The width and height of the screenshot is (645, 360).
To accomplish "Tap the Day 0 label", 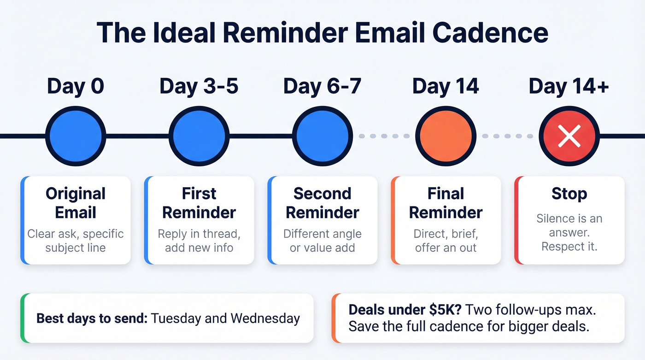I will [76, 87].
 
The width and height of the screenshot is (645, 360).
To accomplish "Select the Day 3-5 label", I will [199, 87].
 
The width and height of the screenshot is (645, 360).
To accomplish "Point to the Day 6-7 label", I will [322, 87].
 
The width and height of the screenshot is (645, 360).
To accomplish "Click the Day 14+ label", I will [569, 87].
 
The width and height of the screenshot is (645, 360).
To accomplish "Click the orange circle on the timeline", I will [445, 136].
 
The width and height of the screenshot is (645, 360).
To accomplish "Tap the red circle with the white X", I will [569, 136].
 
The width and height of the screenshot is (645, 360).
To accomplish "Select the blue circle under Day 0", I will [76, 136].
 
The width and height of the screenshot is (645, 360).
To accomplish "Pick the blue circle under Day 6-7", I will [322, 136].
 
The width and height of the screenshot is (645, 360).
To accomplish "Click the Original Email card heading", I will [76, 203].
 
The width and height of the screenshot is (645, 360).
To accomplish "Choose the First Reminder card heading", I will [199, 203].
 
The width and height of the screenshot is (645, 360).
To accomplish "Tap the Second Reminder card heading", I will [322, 203].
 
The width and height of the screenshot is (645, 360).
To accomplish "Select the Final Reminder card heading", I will [446, 203].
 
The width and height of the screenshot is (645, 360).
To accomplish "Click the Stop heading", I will [569, 194].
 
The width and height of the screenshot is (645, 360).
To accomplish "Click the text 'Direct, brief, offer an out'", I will [446, 240].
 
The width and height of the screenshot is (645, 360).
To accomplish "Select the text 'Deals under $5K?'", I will [393, 310].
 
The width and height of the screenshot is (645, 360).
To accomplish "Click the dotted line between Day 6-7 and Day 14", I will [384, 136].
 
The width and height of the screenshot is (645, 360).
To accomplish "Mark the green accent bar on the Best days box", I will [23, 318].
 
